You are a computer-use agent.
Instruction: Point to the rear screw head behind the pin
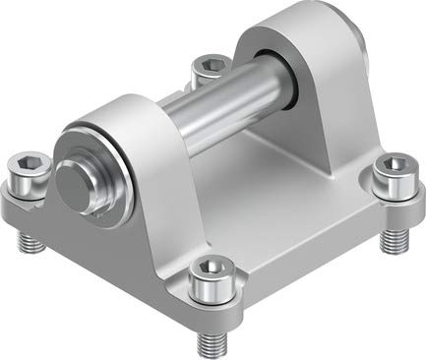209,66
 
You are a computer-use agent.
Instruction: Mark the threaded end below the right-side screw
395,236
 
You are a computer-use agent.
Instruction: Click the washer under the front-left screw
30,187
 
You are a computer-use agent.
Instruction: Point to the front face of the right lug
315,108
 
